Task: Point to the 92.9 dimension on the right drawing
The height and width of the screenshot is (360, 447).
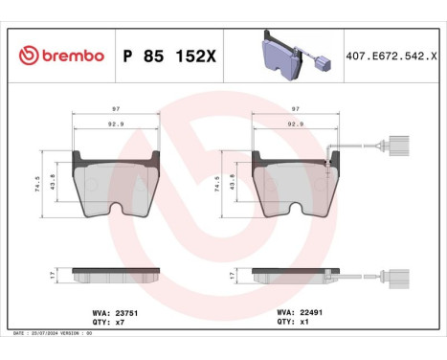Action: [x=295, y=124]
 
